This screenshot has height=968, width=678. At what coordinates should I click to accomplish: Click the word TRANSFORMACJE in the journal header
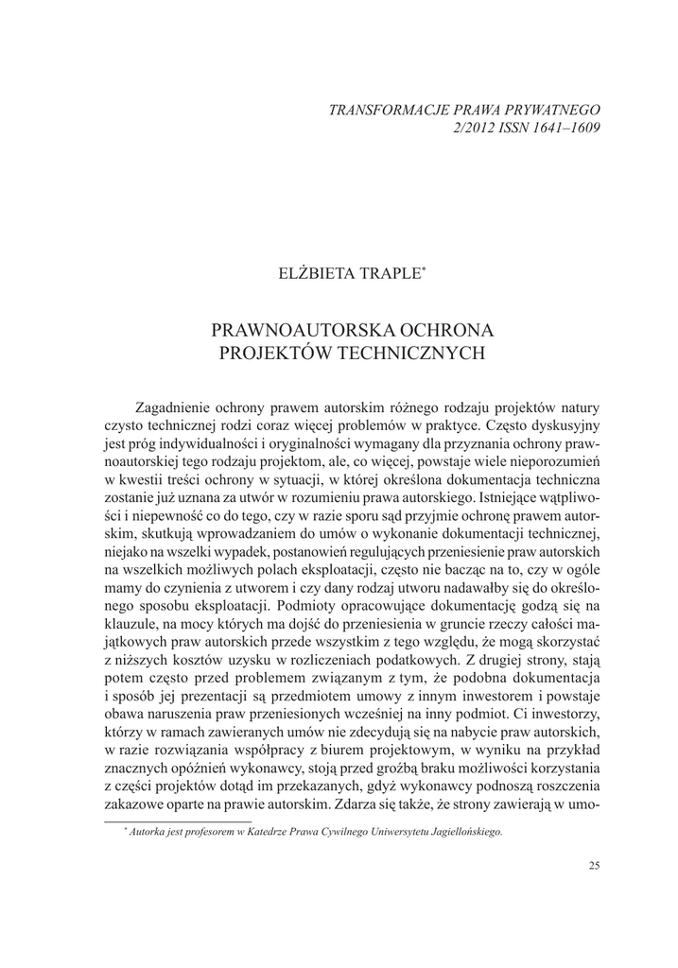pyautogui.click(x=388, y=109)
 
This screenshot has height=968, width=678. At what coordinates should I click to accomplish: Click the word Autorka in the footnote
pyautogui.click(x=147, y=832)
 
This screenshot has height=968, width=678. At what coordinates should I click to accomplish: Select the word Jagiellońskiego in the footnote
pyautogui.click(x=463, y=832)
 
